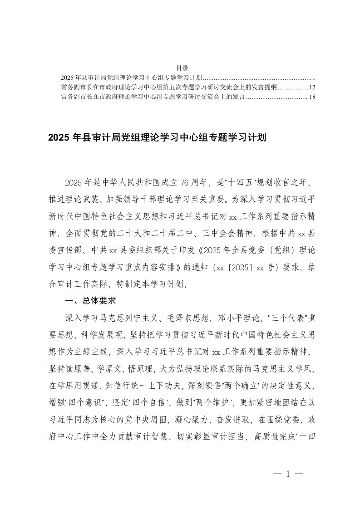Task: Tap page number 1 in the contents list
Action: pyautogui.click(x=308, y=77)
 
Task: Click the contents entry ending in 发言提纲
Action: pyautogui.click(x=168, y=87)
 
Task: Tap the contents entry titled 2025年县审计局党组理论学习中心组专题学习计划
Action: pyautogui.click(x=131, y=77)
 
